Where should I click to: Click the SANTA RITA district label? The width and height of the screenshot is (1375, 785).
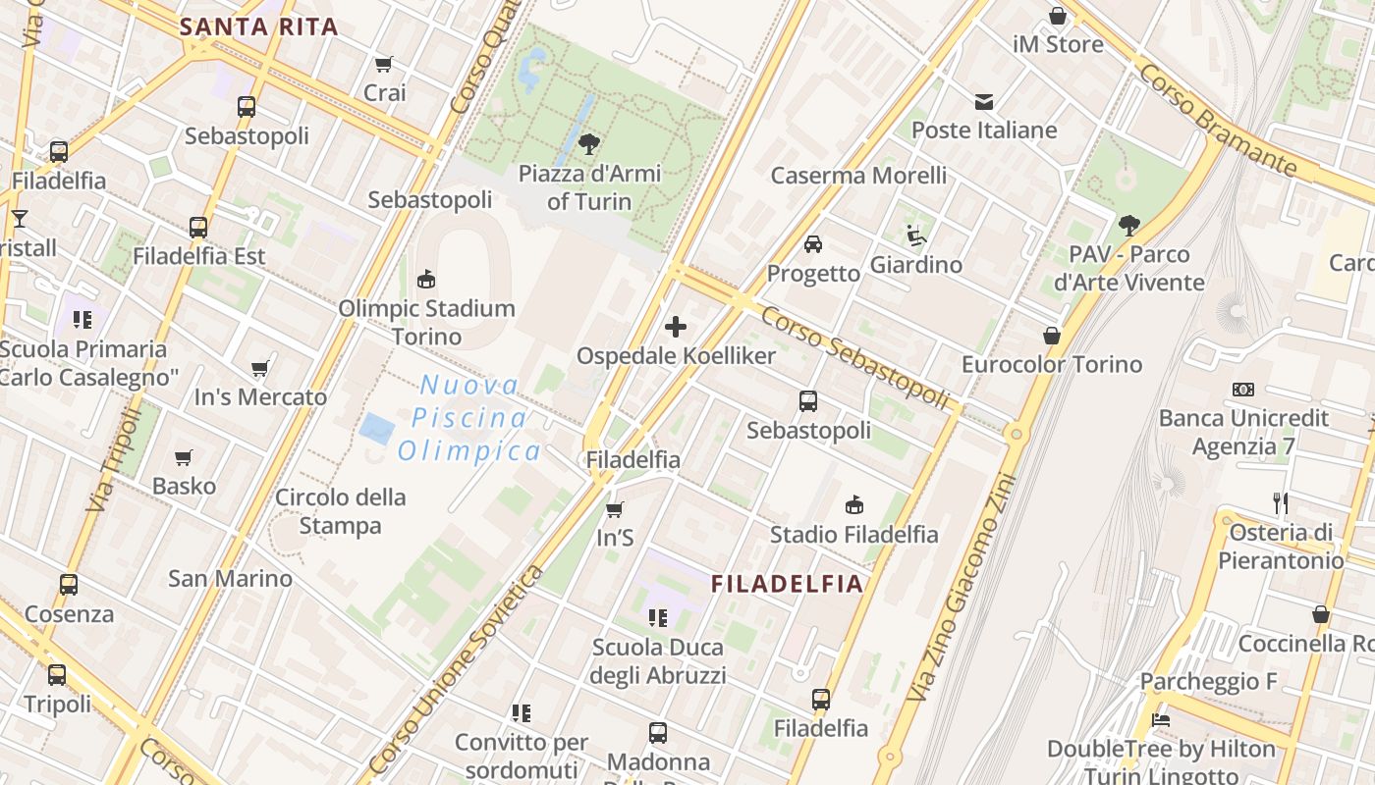[259, 26]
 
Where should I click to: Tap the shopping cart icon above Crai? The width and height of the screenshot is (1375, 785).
[384, 65]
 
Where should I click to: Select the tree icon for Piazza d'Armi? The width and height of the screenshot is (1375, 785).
[589, 144]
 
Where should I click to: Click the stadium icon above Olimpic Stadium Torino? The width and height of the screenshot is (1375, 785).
[426, 280]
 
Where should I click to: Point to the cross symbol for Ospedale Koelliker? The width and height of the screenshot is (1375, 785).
[676, 327]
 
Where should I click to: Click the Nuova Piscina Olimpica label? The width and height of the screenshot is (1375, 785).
[469, 418]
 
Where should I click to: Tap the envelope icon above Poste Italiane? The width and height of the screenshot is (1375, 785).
[983, 102]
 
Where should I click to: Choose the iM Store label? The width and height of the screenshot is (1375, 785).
[1058, 44]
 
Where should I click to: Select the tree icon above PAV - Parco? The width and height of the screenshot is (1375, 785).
[1129, 226]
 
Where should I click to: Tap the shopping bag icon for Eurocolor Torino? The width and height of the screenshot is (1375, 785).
[1052, 336]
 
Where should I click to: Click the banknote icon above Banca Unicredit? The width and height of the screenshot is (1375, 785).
[1243, 390]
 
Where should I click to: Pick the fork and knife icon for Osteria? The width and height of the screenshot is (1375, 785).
[1281, 503]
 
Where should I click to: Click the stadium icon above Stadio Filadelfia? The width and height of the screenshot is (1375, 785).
[854, 505]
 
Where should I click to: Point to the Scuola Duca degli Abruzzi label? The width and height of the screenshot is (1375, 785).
[658, 661]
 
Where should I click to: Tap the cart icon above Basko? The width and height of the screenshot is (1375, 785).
[184, 457]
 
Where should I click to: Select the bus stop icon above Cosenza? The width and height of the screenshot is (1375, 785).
[69, 585]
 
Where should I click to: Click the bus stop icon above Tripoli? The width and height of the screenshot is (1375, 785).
[57, 675]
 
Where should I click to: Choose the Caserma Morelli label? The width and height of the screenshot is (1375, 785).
[858, 176]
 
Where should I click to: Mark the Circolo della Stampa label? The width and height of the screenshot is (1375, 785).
[340, 511]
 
